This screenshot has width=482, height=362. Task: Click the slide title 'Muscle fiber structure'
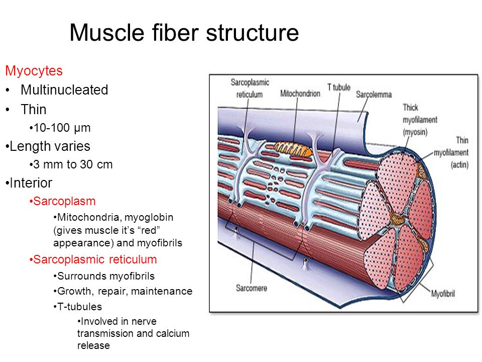pyautogui.click(x=184, y=32)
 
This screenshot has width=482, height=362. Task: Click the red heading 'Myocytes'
pyautogui.click(x=34, y=71)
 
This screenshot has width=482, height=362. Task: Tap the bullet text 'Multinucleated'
pyautogui.click(x=64, y=90)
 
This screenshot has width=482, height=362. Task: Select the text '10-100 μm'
pyautogui.click(x=62, y=128)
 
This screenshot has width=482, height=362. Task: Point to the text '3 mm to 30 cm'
pyautogui.click(x=73, y=164)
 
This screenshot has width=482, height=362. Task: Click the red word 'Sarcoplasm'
pyautogui.click(x=64, y=201)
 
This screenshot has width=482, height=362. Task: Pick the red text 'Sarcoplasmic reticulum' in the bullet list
pyautogui.click(x=95, y=259)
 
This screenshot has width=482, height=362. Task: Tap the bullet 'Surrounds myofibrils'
pyautogui.click(x=106, y=276)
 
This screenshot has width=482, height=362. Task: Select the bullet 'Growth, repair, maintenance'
pyautogui.click(x=125, y=291)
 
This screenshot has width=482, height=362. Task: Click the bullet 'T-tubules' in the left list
pyautogui.click(x=80, y=307)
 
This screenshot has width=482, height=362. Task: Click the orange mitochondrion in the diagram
pyautogui.click(x=293, y=149)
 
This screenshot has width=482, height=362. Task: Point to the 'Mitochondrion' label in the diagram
pyautogui.click(x=300, y=94)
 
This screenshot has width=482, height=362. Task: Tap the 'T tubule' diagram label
pyautogui.click(x=339, y=87)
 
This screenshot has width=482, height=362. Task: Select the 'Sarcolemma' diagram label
pyautogui.click(x=374, y=95)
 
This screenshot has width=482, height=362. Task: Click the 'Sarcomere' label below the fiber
pyautogui.click(x=252, y=288)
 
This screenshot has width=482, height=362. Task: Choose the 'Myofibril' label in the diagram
pyautogui.click(x=443, y=294)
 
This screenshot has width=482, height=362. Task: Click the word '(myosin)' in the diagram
pyautogui.click(x=415, y=132)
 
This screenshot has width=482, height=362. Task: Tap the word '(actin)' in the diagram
pyautogui.click(x=459, y=165)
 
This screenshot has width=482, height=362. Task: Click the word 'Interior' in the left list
pyautogui.click(x=31, y=183)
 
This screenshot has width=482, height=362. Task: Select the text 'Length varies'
pyautogui.click(x=50, y=146)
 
